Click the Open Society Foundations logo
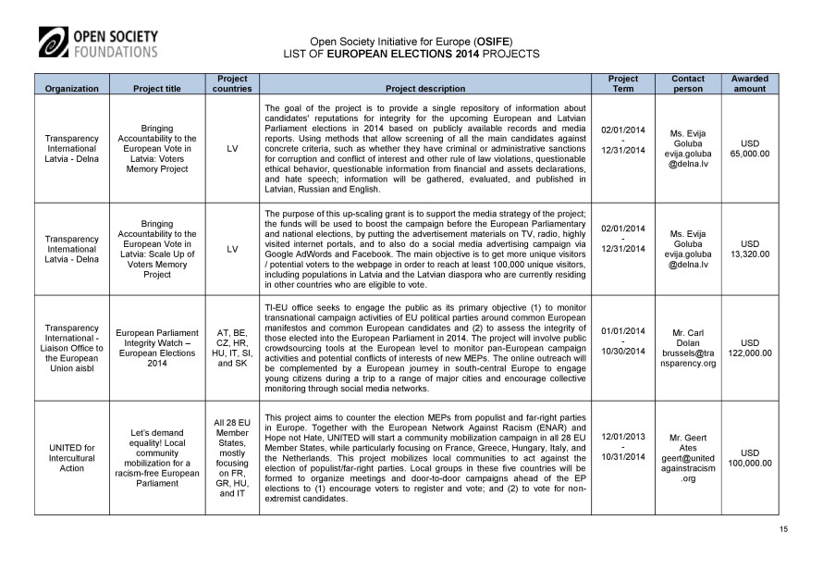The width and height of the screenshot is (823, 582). [99, 43]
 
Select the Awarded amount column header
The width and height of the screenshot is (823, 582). [749, 84]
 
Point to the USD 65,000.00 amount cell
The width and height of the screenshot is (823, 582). [749, 148]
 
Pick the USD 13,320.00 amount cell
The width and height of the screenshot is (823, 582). [749, 248]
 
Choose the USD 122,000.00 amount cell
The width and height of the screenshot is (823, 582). [749, 347]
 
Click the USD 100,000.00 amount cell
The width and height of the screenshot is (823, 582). [749, 457]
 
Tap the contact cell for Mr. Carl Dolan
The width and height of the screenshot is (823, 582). [683, 347]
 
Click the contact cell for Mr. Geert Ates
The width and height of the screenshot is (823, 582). [683, 457]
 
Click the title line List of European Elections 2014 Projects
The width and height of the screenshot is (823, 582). [411, 54]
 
